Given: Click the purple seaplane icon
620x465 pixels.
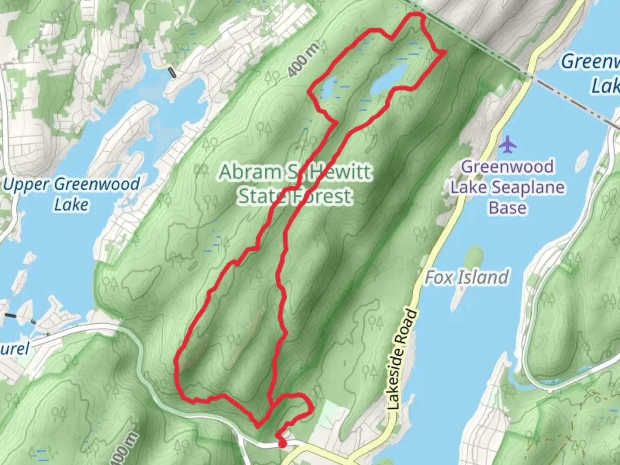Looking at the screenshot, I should click(508, 144).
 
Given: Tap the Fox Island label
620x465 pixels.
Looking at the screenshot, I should click(467, 278).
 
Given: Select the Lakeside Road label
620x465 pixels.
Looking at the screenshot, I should click(402, 360).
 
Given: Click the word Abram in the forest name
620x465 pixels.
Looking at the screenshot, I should click(250, 172).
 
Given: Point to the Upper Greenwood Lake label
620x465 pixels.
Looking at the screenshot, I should click(71, 194).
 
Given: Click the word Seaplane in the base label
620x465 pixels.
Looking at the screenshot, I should click(529, 187).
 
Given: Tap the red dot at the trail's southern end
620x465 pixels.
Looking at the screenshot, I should click(282, 443).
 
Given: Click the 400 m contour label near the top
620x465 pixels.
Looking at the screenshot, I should click(304, 60).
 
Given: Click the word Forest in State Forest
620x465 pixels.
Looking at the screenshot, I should click(322, 196).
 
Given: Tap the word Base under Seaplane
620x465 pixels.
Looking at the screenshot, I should click(507, 208).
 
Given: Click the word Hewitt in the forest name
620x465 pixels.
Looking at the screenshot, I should click(340, 172).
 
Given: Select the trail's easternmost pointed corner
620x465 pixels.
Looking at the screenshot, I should click(444, 53).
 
